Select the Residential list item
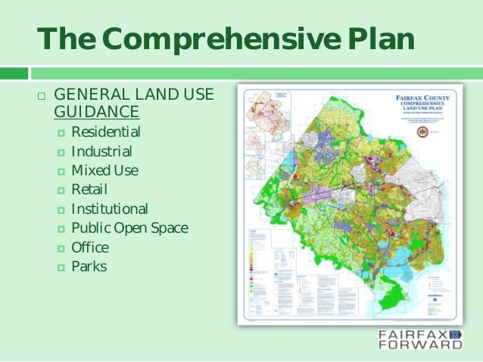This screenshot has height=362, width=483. coord(105,133)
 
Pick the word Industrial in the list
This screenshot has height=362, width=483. coord(101,152)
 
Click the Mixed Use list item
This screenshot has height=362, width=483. coord(104,171)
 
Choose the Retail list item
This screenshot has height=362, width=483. coord(89,190)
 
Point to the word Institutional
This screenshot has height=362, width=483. coord(110,209)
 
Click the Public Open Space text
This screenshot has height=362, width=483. coord(129,227)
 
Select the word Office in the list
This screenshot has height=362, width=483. coord(90,247)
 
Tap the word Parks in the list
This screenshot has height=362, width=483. coord(89,266)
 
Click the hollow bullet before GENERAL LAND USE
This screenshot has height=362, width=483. coord(41,97)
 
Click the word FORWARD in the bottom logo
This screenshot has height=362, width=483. coord(421,345)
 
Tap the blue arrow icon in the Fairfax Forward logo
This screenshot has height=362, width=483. coord(456,333)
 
